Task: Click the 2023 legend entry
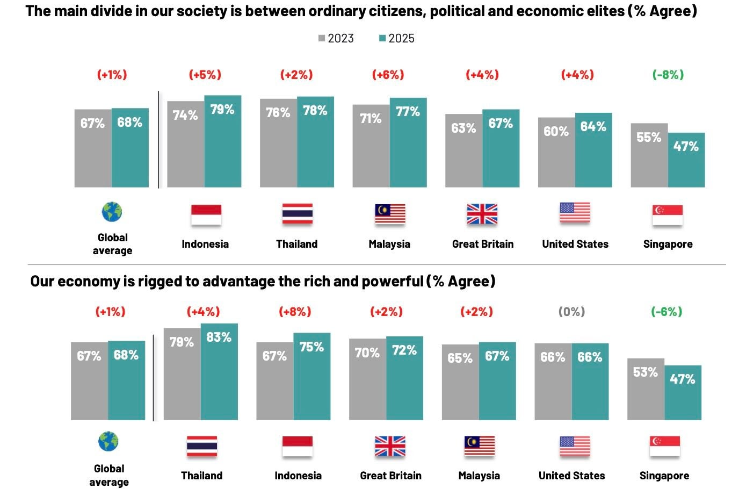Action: pyautogui.click(x=336, y=38)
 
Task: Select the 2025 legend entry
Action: pyautogui.click(x=397, y=38)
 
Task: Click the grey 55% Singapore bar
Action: pyautogui.click(x=649, y=155)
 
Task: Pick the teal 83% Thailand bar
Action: pyautogui.click(x=219, y=371)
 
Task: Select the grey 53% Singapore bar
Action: pyautogui.click(x=646, y=389)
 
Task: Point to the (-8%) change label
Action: pyautogui.click(x=668, y=75)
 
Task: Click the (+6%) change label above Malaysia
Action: pyautogui.click(x=388, y=75)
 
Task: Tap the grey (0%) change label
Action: pyautogui.click(x=571, y=312)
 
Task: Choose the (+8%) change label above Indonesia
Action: pyautogui.click(x=295, y=312)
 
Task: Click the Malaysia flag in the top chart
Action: pyautogui.click(x=390, y=214)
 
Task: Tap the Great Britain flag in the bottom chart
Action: pyautogui.click(x=390, y=446)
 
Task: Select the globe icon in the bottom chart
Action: pyautogui.click(x=108, y=442)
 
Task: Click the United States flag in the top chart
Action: pyautogui.click(x=575, y=213)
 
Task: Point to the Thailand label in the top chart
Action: pyautogui.click(x=297, y=244)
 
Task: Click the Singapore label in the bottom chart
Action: pyautogui.click(x=664, y=476)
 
